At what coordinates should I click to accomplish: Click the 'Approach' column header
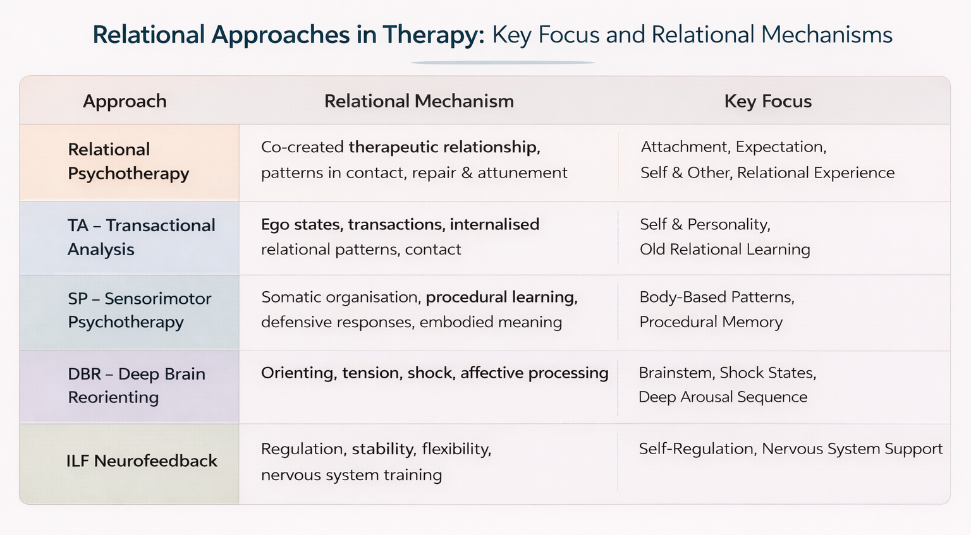pos(125,101)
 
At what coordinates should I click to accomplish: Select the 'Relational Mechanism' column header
pos(418,101)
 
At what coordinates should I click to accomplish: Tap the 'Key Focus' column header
pos(767,101)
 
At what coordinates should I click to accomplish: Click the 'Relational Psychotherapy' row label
pos(128,161)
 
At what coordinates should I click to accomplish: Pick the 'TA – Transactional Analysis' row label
pos(141,237)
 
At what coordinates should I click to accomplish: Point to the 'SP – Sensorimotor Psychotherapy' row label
pos(139,310)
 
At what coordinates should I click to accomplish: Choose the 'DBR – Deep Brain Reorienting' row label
pos(136,385)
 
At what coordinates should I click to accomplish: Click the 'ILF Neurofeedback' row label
pos(142,461)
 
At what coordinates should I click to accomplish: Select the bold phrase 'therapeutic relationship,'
pos(444,147)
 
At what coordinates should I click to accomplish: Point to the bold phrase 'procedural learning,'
pos(501,297)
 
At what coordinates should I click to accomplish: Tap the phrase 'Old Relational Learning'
pos(724,249)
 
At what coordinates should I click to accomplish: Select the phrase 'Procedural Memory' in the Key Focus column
pos(711,322)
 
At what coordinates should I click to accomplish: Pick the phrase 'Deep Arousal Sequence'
pos(723,397)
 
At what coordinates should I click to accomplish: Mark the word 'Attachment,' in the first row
pos(685,147)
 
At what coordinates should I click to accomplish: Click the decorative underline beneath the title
pos(503,63)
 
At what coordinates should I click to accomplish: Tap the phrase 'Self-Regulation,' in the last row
pos(697,449)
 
